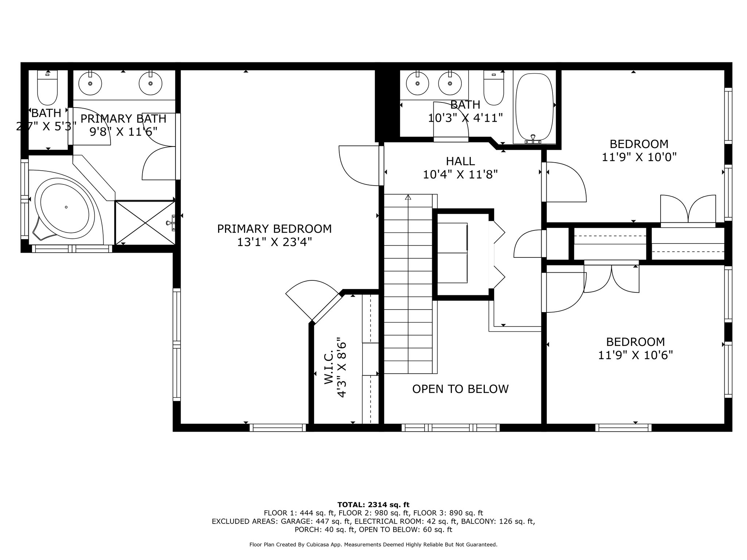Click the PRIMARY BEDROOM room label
coord(274,229)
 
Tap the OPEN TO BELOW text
coord(460,389)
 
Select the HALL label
coord(460,161)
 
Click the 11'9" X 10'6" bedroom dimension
coord(635,355)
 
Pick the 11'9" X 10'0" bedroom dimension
coord(639,157)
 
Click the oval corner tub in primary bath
coord(66,207)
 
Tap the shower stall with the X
coord(145,222)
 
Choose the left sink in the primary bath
coord(90,83)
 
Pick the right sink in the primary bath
coord(150,83)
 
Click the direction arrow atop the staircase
coord(408,198)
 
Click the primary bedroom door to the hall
coord(359,166)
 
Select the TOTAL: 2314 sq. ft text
coord(373,505)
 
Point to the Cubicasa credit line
coord(373,545)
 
